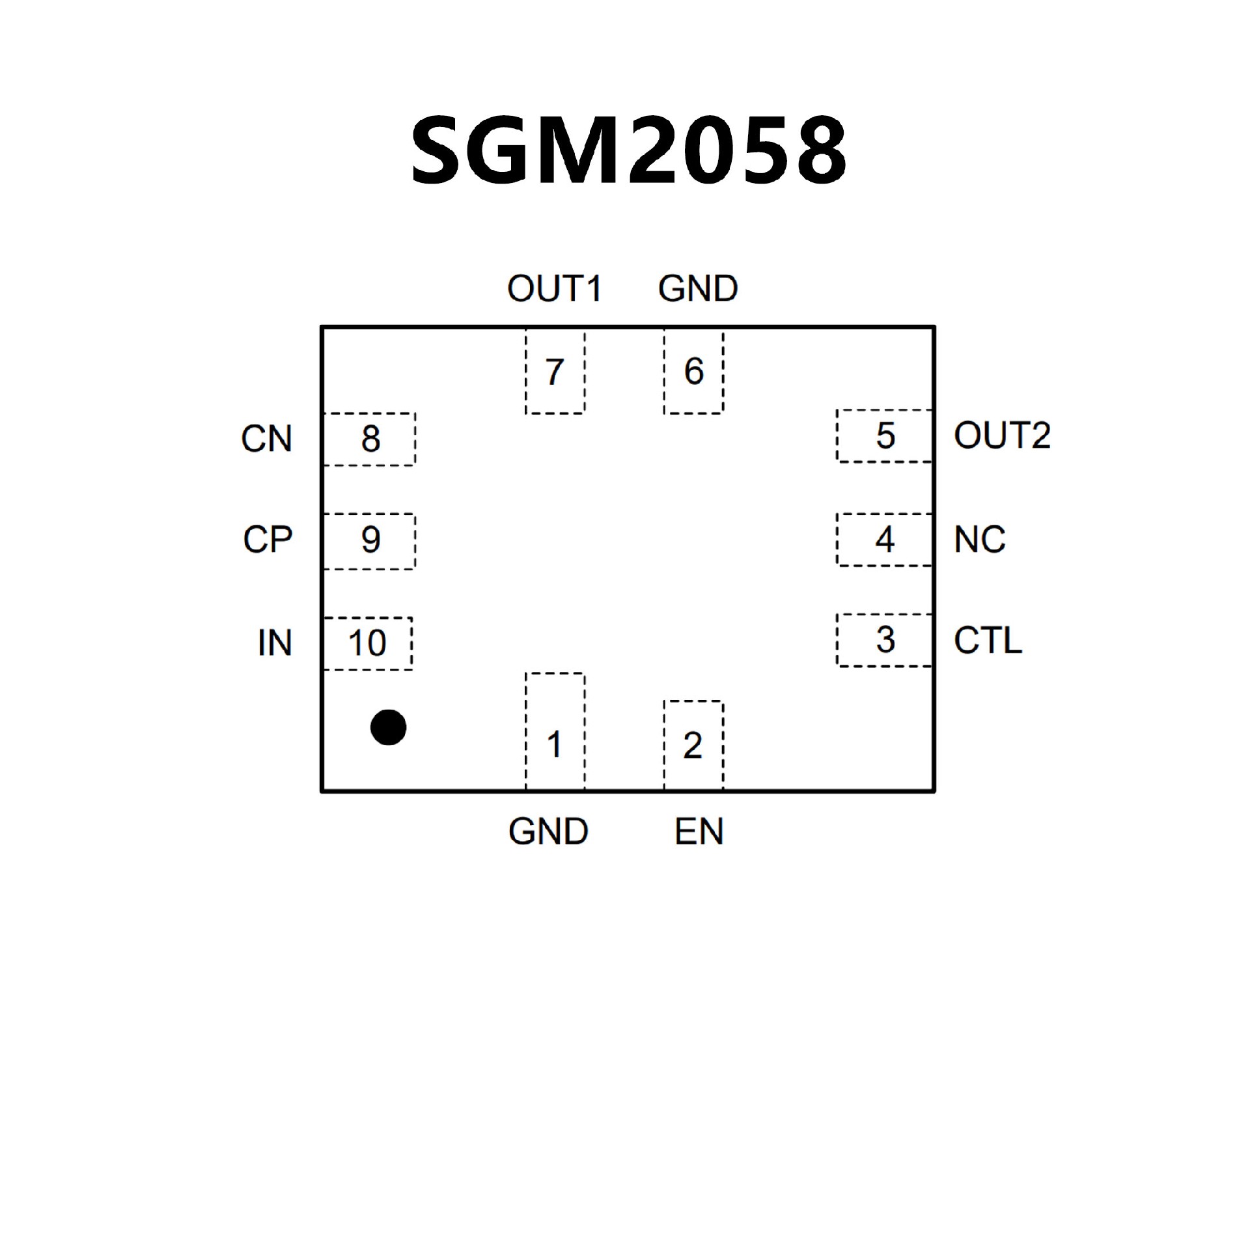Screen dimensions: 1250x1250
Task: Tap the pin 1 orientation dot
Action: pos(388,727)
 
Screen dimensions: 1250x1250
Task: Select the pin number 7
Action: pos(554,372)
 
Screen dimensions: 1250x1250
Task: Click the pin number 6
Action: pos(693,372)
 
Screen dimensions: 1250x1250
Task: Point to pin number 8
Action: pos(370,439)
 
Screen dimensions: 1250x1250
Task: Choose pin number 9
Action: pos(370,540)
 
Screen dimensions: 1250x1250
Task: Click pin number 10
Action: pos(367,643)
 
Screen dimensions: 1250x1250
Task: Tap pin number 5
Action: pos(885,436)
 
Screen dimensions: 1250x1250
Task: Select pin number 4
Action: pos(885,539)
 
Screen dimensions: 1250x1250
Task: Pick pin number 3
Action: pos(885,640)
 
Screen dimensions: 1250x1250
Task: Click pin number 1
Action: pos(554,745)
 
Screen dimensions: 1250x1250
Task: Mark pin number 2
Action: pos(693,745)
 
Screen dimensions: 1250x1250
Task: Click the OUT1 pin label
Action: pos(555,288)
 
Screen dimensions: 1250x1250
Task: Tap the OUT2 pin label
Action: pos(1002,436)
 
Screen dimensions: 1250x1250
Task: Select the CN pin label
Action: pos(266,439)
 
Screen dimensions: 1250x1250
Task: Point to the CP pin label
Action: pos(268,540)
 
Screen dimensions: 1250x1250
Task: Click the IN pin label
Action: pos(274,643)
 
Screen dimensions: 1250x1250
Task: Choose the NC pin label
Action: pos(979,540)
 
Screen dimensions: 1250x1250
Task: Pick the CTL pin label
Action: pos(988,641)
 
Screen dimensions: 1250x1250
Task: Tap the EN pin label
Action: pos(699,831)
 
